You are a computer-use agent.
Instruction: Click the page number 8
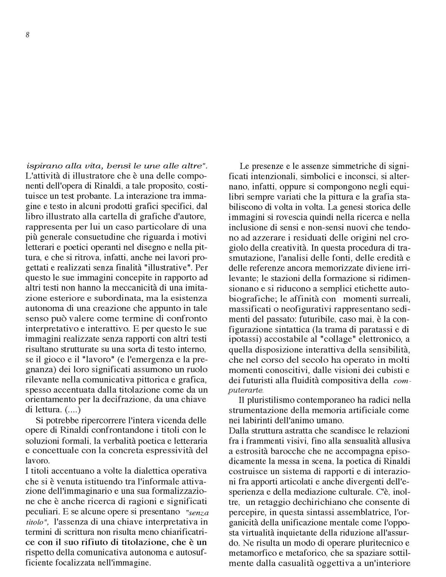point(28,35)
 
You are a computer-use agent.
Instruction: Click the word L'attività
point(42,176)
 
